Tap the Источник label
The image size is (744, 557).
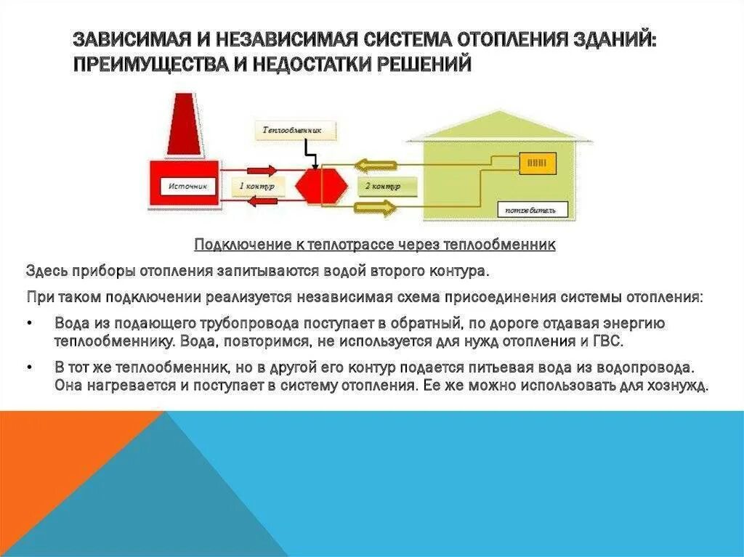(x=187, y=187)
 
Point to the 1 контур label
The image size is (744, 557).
(x=255, y=187)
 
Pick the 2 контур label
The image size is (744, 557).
(x=382, y=187)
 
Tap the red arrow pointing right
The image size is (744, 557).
(x=258, y=170)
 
